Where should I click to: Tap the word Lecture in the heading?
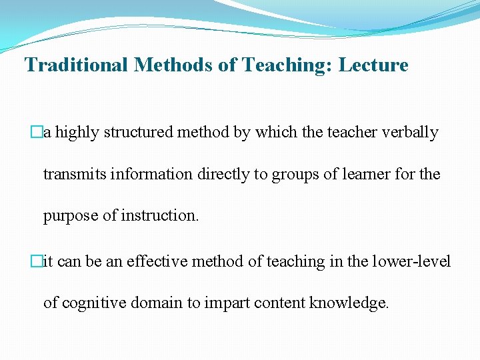(373, 65)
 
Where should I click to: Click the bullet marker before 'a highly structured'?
(38, 133)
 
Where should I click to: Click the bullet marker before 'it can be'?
(38, 261)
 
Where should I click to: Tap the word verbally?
(411, 133)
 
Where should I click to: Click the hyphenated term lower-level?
(413, 261)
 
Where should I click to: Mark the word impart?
(226, 303)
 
